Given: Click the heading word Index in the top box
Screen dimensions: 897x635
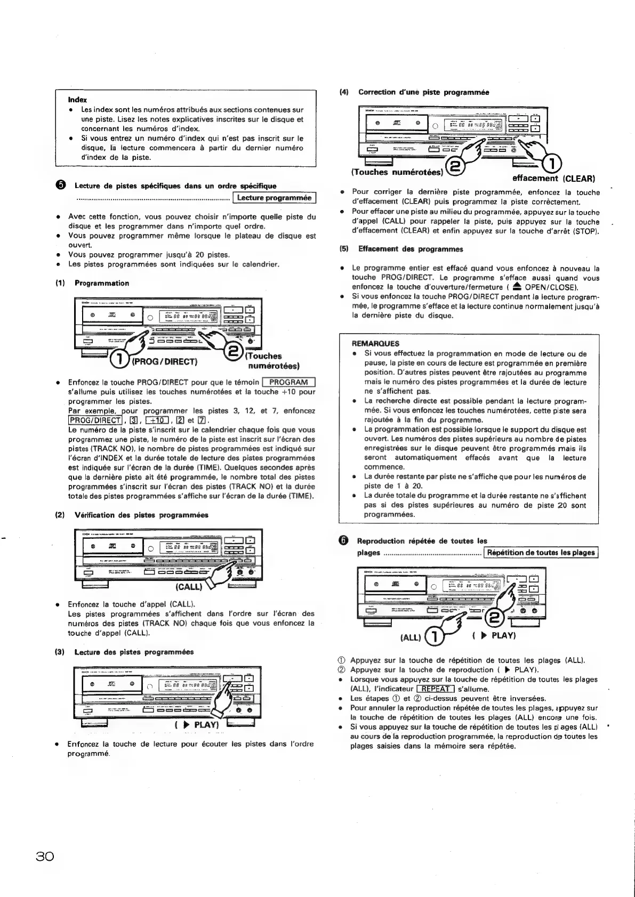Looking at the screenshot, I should [x=77, y=100].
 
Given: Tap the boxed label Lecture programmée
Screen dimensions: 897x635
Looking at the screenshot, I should [x=274, y=198].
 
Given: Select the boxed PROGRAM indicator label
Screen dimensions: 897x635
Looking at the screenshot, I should [x=289, y=382].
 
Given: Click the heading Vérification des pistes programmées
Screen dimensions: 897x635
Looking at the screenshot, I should [x=141, y=515].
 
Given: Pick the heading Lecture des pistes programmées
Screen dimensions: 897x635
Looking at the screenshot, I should [x=134, y=652].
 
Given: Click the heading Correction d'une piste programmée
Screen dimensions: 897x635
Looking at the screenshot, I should [x=423, y=92].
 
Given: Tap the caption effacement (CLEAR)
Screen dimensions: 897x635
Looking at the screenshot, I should [x=553, y=179].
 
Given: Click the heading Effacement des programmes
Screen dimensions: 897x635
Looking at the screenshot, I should [x=411, y=249].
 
